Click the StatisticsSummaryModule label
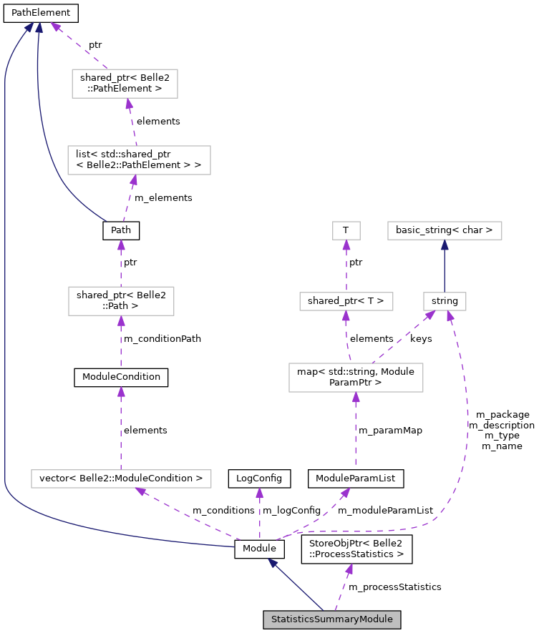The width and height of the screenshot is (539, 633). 331,619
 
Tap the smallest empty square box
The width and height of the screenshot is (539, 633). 346,230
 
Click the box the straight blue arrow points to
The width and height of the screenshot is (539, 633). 445,230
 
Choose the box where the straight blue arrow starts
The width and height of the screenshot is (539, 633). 445,301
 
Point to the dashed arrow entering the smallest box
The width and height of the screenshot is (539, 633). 346,265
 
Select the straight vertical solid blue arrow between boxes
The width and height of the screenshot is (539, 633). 445,265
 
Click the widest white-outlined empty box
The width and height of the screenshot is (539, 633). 121,479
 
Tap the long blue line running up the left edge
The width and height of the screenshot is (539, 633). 5,286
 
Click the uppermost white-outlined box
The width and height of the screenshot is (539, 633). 125,84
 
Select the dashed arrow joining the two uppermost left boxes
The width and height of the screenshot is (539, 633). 132,122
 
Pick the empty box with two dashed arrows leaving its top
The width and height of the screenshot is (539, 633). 356,378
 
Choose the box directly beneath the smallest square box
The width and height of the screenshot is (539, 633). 346,301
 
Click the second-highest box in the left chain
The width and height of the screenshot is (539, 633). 139,160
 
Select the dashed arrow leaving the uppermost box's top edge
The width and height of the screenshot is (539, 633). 79,45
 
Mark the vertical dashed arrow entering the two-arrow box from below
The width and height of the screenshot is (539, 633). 356,429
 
